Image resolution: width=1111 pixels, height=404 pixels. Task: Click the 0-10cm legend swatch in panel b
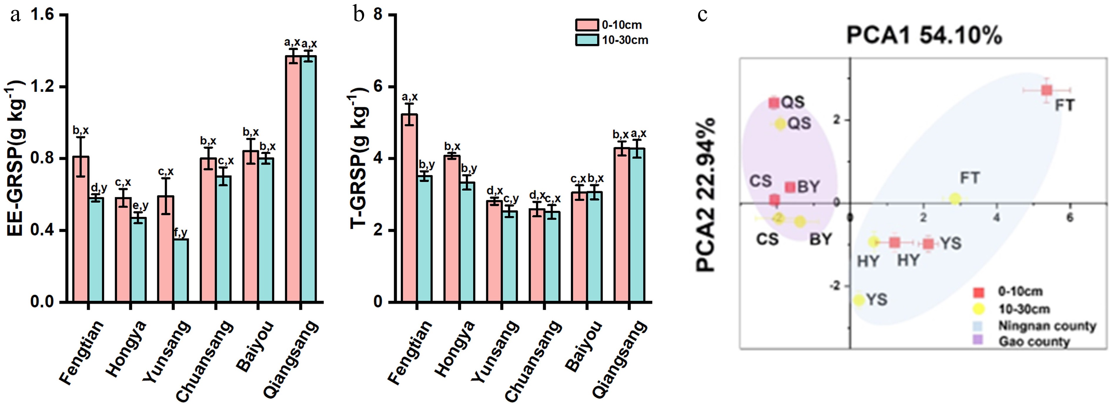pos(587,25)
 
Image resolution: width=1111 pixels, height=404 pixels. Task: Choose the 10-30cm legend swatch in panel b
pos(587,40)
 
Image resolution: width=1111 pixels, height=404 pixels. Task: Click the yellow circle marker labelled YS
pos(859,300)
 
